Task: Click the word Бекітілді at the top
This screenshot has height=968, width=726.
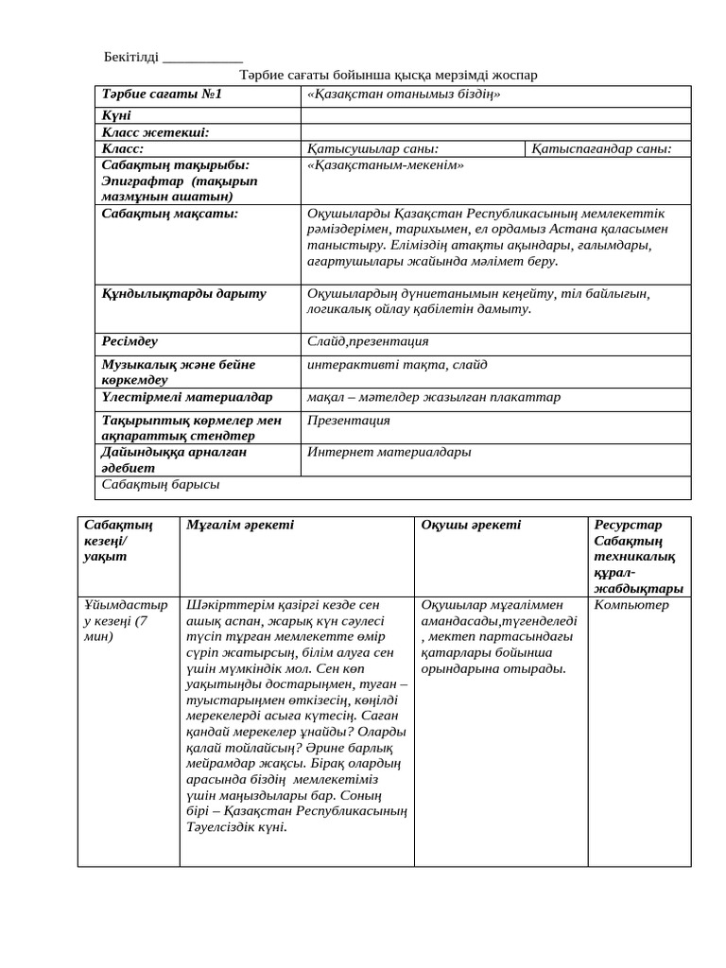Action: point(131,58)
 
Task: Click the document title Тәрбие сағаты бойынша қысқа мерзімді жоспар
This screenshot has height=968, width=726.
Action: point(389,75)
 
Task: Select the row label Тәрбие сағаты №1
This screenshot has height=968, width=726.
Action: point(162,95)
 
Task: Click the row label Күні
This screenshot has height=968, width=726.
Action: point(117,114)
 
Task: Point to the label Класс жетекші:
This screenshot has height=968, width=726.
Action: point(155,132)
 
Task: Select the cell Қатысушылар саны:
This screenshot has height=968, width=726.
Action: point(373,148)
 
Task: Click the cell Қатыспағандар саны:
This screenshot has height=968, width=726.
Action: point(601,148)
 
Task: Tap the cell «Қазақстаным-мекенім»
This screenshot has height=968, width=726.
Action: point(386,164)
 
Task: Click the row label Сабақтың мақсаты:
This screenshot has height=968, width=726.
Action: point(170,214)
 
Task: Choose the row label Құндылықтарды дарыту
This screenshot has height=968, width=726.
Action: point(184,294)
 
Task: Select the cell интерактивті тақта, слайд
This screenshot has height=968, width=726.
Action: point(397,365)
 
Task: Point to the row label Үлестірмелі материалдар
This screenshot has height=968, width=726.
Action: point(187,397)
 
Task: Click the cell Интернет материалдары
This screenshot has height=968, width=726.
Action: point(389,452)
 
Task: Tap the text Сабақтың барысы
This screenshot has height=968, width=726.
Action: point(161,484)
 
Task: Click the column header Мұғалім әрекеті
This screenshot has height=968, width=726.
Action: point(240,525)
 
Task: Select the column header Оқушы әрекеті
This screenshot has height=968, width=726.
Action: point(471,525)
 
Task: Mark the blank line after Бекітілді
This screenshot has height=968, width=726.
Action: point(202,60)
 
